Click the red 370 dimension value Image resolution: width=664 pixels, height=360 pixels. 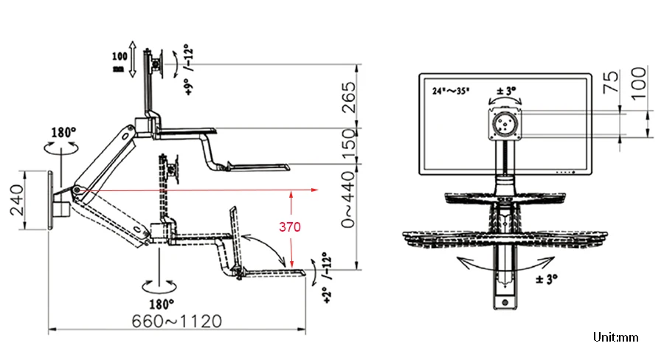tap(290, 227)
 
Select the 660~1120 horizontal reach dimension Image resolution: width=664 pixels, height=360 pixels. tap(176, 322)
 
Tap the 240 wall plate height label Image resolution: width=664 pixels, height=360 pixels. tap(18, 200)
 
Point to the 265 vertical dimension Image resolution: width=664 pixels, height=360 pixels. tap(348, 97)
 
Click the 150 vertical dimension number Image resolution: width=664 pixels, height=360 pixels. tap(348, 143)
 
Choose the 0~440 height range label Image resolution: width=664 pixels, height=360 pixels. tap(348, 199)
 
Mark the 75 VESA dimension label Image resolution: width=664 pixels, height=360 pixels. tap(611, 82)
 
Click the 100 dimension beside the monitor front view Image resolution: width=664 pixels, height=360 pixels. tap(639, 83)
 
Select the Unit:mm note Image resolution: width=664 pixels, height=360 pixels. tap(615, 337)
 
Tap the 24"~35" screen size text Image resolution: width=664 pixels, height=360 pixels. tap(451, 91)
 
